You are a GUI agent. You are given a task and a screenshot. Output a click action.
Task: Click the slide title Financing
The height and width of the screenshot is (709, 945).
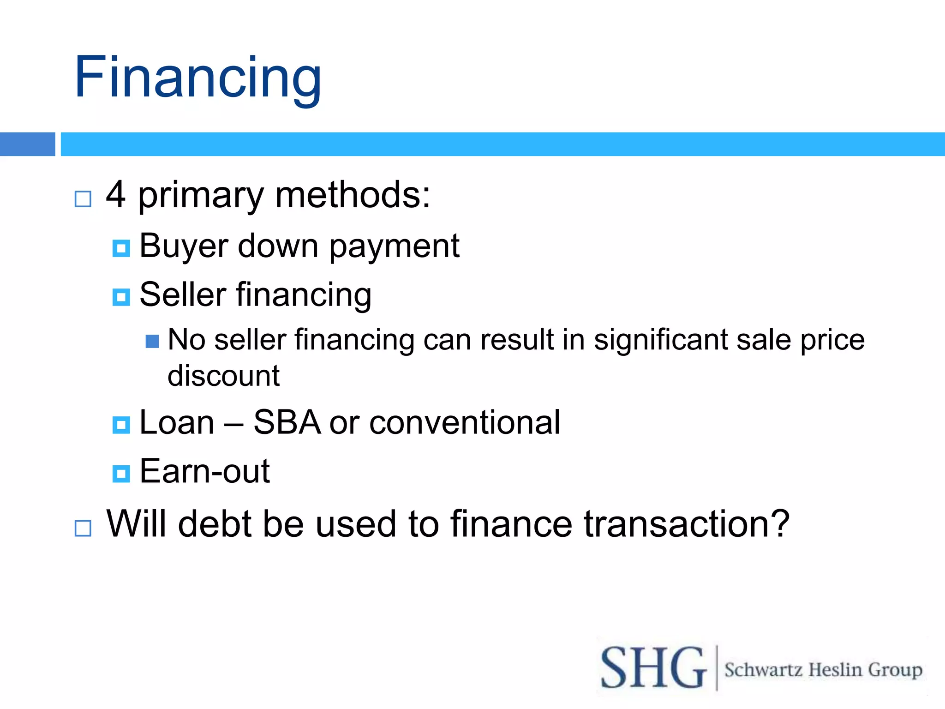tap(197, 78)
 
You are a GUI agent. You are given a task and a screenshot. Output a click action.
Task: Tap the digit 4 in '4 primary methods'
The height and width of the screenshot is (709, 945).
tap(116, 195)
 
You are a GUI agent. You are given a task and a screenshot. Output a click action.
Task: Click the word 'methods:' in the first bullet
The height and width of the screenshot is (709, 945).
tap(353, 195)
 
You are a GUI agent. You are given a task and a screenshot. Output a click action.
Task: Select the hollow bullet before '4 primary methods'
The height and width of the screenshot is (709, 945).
tap(83, 199)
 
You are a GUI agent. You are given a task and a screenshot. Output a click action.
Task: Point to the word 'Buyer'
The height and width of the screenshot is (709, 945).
tap(183, 246)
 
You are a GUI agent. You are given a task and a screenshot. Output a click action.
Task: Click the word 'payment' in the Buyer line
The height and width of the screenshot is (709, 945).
tap(394, 246)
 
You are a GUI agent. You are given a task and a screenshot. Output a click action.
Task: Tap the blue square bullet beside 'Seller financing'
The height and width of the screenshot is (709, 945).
tap(121, 297)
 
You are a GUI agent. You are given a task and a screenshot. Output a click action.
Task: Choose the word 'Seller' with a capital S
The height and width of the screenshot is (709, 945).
tap(183, 294)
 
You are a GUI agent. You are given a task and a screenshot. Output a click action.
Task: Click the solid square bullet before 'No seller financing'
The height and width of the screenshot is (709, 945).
tap(152, 342)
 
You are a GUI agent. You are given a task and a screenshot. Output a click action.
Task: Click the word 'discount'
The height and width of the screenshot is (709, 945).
tap(223, 376)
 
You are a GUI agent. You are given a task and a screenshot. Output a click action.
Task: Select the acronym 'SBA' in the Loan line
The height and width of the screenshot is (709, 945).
tap(287, 422)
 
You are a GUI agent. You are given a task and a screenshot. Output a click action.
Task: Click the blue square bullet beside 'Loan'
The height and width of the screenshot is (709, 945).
tap(121, 425)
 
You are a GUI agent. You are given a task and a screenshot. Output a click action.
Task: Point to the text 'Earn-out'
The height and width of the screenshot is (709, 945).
tap(204, 471)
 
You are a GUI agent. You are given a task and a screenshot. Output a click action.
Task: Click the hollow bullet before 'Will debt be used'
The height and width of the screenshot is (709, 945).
tap(83, 528)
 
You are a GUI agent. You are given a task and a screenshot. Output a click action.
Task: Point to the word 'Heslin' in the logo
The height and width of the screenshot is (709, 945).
tap(835, 670)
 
